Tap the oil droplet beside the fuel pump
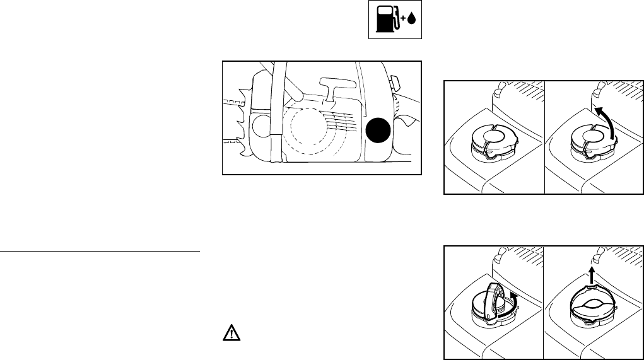[411, 20]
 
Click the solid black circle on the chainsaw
[378, 131]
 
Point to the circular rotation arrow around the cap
[515, 303]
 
